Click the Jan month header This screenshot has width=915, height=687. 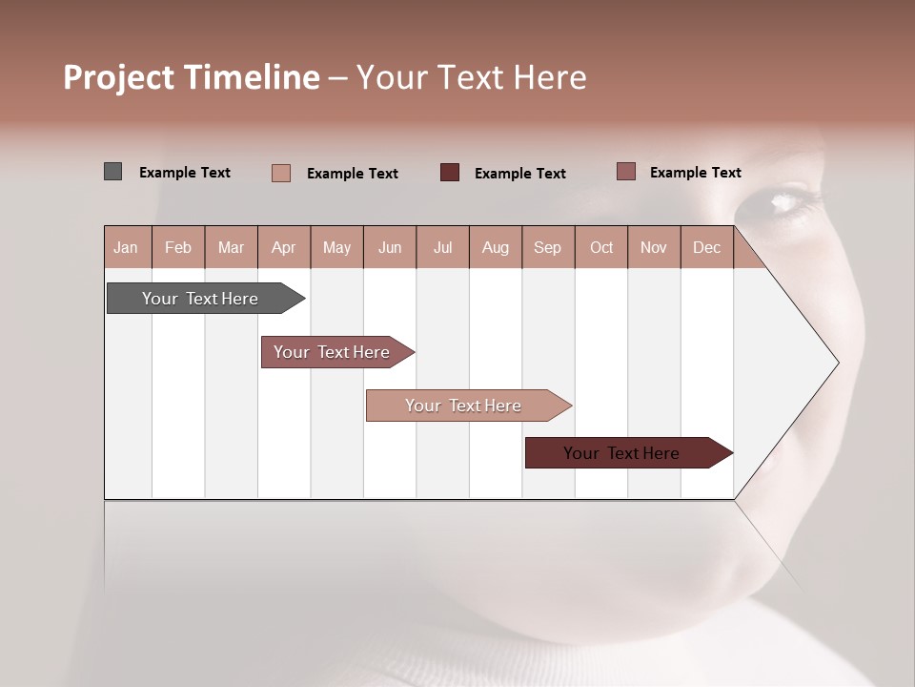tap(126, 247)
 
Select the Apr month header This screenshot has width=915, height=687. tap(283, 247)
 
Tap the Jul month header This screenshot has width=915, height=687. tap(442, 247)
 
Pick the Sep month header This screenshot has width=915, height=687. tap(547, 247)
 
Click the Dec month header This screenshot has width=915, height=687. tap(706, 247)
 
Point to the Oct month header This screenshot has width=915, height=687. tap(601, 247)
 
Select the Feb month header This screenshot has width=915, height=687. tap(178, 247)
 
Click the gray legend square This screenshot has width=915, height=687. tap(112, 172)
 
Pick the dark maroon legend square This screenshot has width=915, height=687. tap(450, 172)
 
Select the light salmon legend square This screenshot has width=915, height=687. tap(281, 173)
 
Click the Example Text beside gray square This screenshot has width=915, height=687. tap(185, 173)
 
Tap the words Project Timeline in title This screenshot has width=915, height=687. tap(192, 77)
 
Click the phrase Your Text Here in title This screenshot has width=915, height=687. tap(471, 77)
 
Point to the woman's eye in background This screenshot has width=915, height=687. tap(787, 200)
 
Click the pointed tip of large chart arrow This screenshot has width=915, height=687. tap(836, 363)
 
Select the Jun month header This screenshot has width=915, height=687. tap(390, 247)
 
